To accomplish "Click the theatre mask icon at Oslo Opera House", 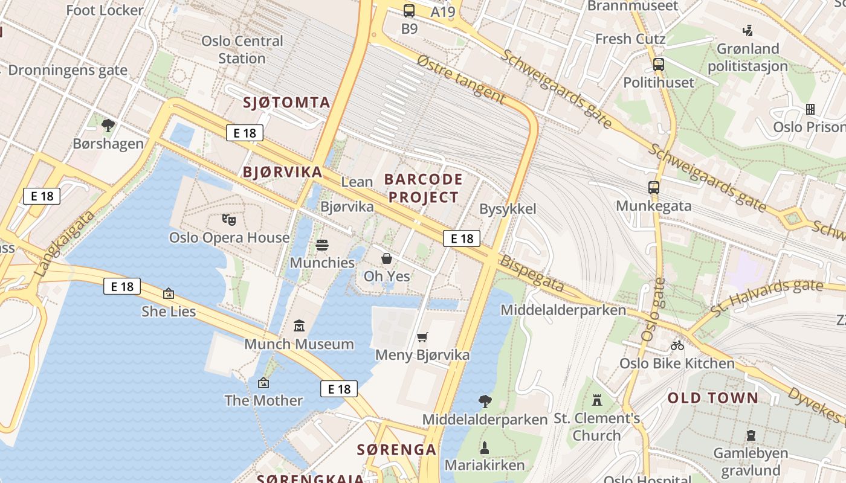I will tap(228, 219).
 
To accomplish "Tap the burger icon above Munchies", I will tap(322, 245).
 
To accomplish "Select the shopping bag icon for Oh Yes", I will tap(387, 258).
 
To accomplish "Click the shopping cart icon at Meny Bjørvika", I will tap(422, 337).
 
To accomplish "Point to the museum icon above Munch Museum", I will tap(299, 326).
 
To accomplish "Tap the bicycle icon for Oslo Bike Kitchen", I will tap(677, 345).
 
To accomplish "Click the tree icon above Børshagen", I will tap(108, 126).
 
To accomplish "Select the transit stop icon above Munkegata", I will tap(653, 188).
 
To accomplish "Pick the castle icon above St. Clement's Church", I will tap(597, 400).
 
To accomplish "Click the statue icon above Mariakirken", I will tap(484, 447).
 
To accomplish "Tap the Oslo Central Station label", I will tap(242, 50).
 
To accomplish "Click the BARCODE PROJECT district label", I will tap(423, 188).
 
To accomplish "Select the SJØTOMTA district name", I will tap(286, 103).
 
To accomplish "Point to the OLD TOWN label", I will tap(712, 398).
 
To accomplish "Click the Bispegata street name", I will tap(532, 273).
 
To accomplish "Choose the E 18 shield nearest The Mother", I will tap(338, 389).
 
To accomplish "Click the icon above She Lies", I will tap(169, 293).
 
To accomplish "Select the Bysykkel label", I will tap(508, 209).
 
